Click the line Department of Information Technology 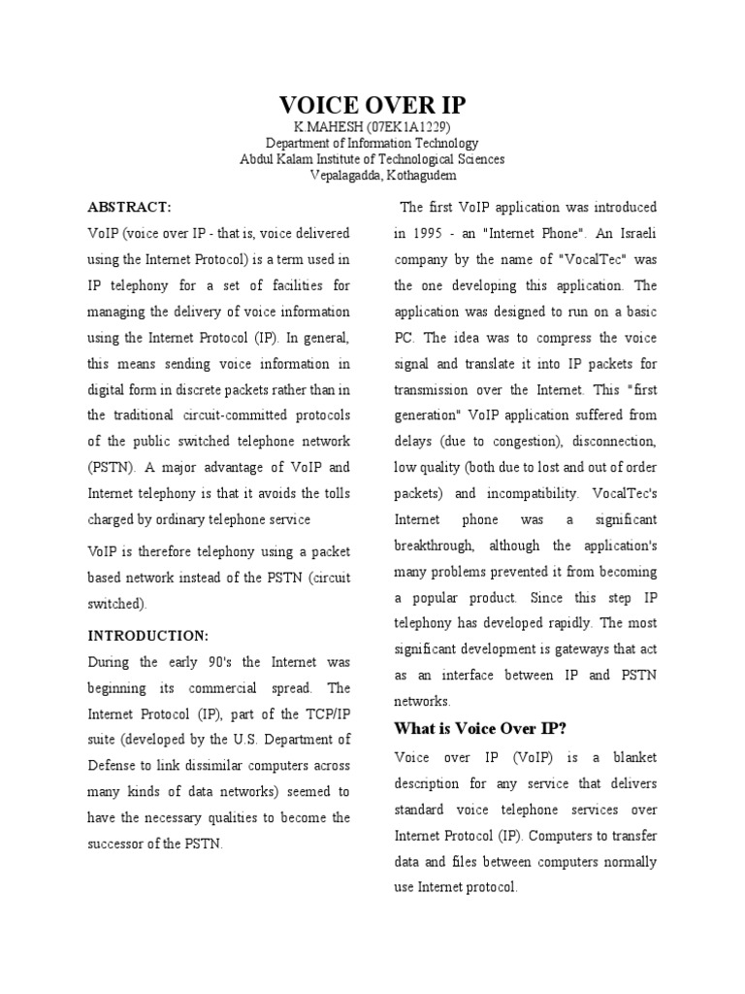click(x=372, y=144)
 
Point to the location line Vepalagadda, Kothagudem click(x=372, y=175)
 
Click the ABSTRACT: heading click(x=129, y=208)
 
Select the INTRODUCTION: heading click(x=147, y=636)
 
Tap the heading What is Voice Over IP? click(x=479, y=728)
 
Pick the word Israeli click(x=633, y=234)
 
